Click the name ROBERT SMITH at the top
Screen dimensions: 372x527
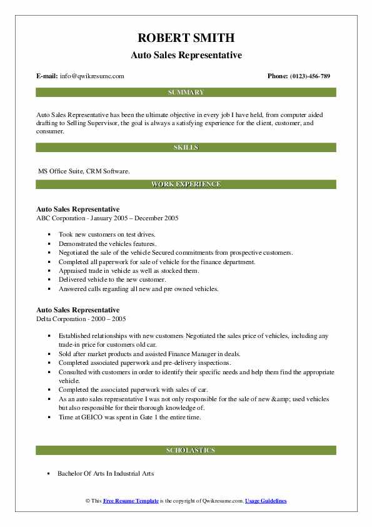(186, 39)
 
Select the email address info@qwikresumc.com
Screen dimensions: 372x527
(92, 76)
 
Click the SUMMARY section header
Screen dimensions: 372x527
(186, 93)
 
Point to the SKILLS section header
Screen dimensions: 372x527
(186, 148)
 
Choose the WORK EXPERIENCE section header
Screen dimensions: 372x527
(186, 185)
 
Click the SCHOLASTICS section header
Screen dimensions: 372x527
(186, 450)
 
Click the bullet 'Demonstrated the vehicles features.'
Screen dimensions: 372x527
(108, 243)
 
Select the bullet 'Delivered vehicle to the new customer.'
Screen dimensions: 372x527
(112, 279)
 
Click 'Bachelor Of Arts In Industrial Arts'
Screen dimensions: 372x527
(106, 473)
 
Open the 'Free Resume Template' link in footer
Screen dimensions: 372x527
(130, 501)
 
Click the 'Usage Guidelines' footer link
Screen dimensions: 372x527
(266, 501)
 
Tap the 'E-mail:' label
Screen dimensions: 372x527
(48, 76)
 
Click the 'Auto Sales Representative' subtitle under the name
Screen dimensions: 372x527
(186, 55)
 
